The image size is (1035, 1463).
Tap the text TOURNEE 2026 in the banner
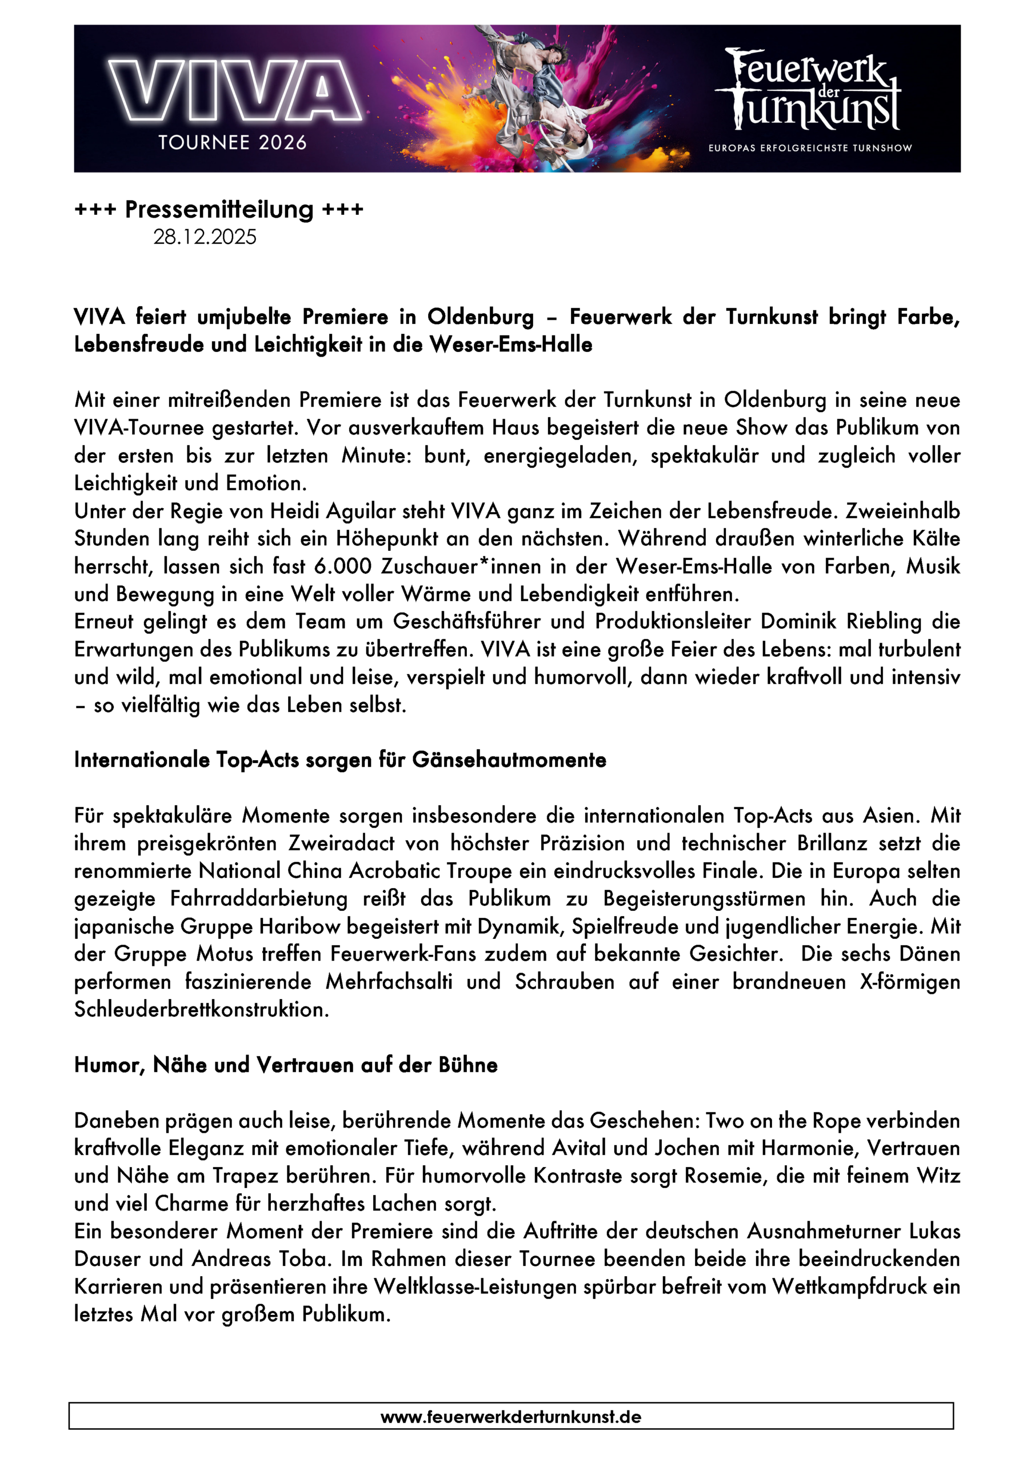pos(233,142)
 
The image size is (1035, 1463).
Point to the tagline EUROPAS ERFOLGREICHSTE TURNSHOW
pos(810,148)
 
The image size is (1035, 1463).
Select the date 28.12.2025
pos(205,237)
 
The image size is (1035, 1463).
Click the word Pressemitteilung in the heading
pos(219,209)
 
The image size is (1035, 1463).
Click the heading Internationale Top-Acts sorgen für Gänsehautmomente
pos(339,760)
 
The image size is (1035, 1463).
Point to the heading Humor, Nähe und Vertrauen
pos(286,1065)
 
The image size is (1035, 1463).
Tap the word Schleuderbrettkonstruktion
pos(201,1009)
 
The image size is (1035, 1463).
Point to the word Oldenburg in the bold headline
pos(481,317)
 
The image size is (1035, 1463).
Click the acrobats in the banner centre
pos(542,95)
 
